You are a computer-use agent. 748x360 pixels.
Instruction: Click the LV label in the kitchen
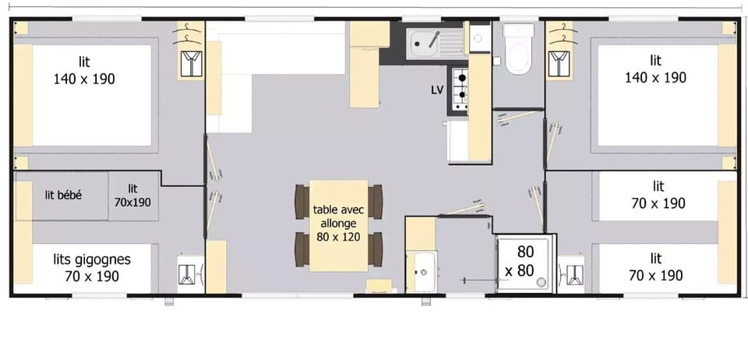click(x=437, y=90)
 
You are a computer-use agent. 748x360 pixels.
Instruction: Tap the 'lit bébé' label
click(x=63, y=195)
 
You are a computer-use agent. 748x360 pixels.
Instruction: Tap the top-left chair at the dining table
click(x=302, y=202)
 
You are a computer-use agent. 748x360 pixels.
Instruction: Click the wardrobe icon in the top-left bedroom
click(x=189, y=63)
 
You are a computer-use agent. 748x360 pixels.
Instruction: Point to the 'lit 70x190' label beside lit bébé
click(x=133, y=195)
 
